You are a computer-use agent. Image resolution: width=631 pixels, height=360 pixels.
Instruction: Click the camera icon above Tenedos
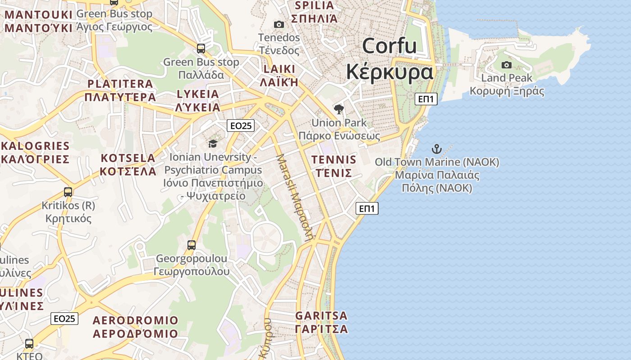pos(279,24)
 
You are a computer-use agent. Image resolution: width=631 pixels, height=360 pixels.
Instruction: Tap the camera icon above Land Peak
pos(507,65)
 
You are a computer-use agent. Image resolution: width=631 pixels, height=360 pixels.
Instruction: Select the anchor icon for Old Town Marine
pos(436,148)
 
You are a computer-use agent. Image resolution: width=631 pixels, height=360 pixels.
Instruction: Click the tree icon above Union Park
pos(338,109)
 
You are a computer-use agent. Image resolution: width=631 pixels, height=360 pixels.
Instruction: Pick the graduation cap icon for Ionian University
pos(213,144)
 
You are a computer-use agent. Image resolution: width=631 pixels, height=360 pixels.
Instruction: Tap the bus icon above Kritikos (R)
pos(68,192)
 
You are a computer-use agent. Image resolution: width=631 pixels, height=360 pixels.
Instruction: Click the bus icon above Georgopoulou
pos(192,245)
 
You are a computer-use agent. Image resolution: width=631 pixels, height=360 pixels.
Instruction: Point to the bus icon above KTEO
pos(29,344)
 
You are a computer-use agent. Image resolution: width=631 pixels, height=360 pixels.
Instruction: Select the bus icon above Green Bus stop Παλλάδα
pos(201,49)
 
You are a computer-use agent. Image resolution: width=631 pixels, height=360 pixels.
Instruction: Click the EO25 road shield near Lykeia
pos(241,126)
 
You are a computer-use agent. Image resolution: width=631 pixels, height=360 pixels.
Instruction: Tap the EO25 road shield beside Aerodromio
pos(64,319)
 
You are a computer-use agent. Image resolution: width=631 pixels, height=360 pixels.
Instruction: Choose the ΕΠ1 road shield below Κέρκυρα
pos(426,99)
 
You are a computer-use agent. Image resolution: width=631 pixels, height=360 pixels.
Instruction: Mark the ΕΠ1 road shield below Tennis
pos(367,208)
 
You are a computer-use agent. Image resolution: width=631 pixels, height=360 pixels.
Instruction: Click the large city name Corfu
pos(389,46)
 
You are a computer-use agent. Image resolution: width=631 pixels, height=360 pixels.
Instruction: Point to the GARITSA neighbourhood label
pos(321,315)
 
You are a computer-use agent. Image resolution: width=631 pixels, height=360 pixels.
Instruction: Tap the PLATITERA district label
pos(120,84)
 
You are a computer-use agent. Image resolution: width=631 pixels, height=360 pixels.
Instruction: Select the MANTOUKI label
pos(38,15)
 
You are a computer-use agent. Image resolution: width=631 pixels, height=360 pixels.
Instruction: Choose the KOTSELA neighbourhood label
pos(128,158)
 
